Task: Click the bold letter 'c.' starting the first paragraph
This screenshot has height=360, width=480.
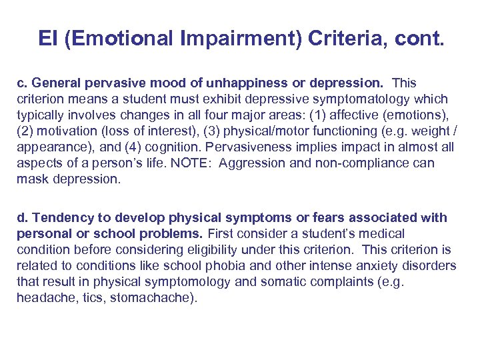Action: coord(22,83)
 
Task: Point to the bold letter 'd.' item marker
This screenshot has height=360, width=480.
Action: coord(22,218)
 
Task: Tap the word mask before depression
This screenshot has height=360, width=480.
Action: coord(31,179)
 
